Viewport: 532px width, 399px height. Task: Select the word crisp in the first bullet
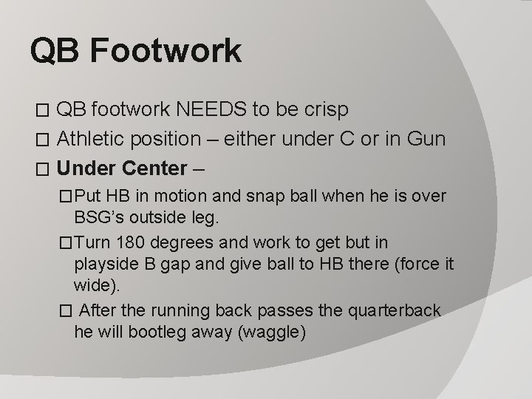tap(323, 109)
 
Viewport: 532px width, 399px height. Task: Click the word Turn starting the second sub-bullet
tap(92, 243)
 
